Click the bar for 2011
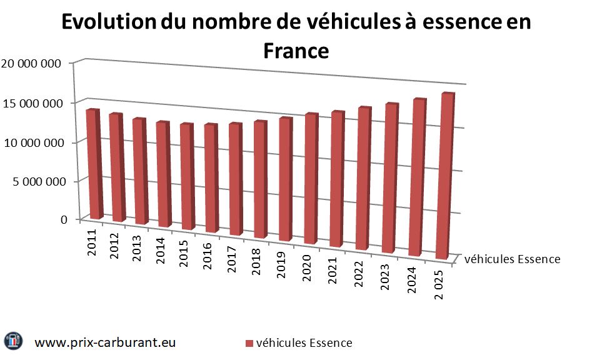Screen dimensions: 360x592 coord(94,164)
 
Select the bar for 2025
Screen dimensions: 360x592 coord(441,176)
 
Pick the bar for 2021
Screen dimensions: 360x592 coord(336,178)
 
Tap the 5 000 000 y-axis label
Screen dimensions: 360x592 coord(35,182)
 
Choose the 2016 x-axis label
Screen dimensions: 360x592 coord(210,254)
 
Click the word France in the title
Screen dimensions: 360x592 coord(296,50)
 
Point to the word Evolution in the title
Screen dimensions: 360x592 coord(108,22)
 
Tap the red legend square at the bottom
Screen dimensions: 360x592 coord(248,344)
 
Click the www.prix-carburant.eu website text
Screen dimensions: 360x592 coord(104,342)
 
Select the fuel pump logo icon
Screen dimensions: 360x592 coord(14,341)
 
